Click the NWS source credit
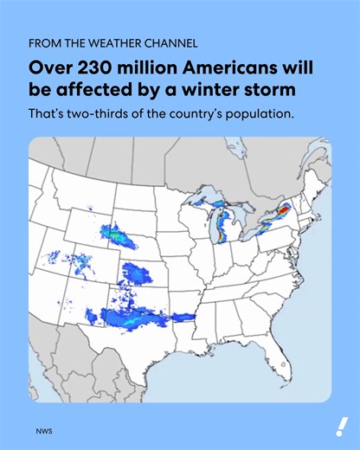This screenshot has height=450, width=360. [42, 430]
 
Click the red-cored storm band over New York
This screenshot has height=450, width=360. [280, 213]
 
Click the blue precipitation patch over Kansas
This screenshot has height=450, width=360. [134, 274]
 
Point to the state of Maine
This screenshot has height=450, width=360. [318, 178]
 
